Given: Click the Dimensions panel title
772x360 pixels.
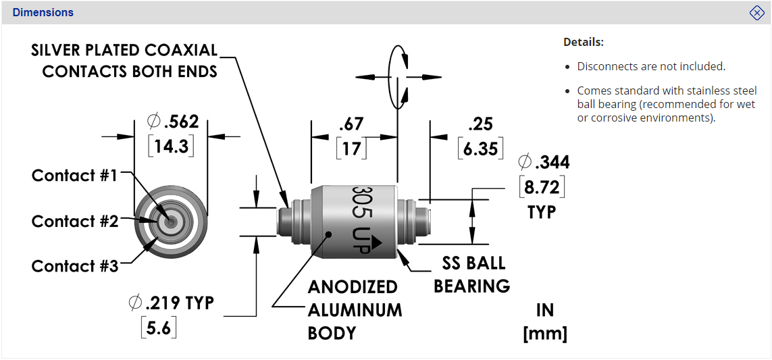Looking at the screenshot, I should point(43,13).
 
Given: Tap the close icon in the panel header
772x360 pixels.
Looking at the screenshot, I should point(756,13).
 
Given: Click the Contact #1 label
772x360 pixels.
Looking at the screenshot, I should point(74,176).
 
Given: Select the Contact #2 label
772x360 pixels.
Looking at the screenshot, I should point(74,222).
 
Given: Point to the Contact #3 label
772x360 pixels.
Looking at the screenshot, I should point(74,266).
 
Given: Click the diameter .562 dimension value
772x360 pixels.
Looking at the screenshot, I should point(173,122).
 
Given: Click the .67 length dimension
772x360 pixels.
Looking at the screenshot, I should point(351,124).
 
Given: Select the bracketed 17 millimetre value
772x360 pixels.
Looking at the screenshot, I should point(351,148).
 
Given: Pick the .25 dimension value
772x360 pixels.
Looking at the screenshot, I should point(480,124).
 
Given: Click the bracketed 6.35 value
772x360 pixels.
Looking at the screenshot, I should point(480,148).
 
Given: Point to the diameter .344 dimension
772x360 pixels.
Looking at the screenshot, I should point(544,162).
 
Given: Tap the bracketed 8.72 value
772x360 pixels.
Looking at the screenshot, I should point(542,186).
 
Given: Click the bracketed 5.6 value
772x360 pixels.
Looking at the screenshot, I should point(159,328).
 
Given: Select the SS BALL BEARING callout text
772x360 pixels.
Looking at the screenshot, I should point(472,274).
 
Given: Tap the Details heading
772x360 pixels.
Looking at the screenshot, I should point(584,42).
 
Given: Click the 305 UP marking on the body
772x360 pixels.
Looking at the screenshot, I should point(361,220).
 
